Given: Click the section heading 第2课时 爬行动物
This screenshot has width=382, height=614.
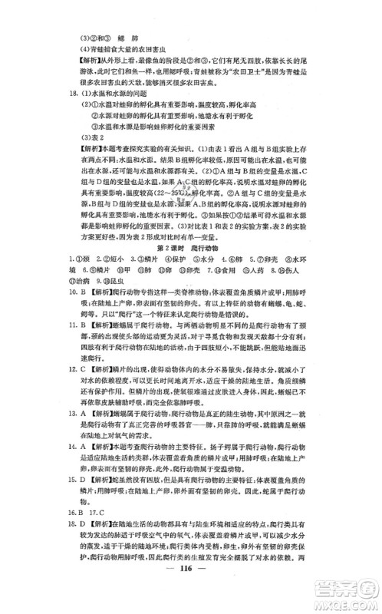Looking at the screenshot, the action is [x=191, y=252].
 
